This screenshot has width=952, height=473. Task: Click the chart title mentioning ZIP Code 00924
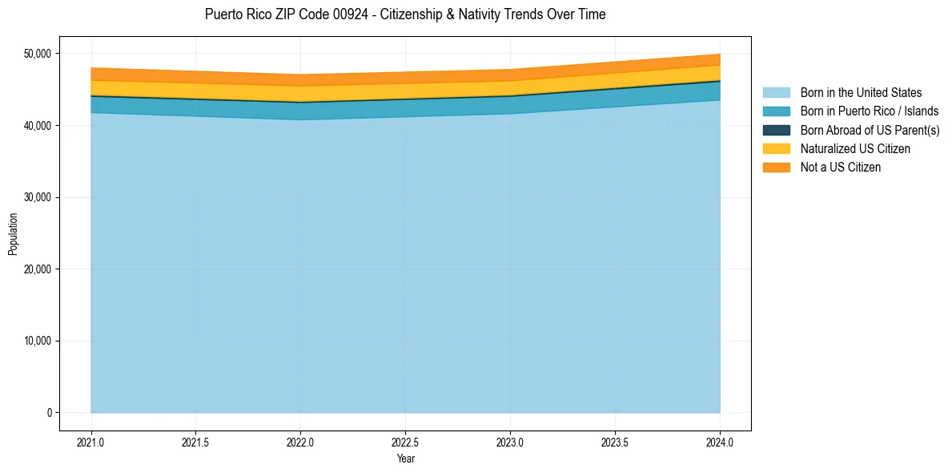click(405, 14)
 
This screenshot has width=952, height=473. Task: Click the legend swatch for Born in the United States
click(776, 93)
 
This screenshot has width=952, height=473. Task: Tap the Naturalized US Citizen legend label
click(855, 148)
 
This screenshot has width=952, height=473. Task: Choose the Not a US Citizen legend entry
click(840, 167)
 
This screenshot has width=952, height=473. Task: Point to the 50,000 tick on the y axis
click(38, 54)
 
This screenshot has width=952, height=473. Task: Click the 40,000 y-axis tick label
click(38, 126)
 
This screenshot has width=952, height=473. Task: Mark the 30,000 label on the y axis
click(38, 197)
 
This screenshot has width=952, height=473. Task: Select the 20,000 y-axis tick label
click(38, 269)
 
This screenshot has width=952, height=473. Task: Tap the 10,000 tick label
click(38, 341)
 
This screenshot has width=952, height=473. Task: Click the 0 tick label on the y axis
click(49, 413)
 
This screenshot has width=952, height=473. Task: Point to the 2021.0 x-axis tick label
click(91, 442)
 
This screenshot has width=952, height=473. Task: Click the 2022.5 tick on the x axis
click(405, 442)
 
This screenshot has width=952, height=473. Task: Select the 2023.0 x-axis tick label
click(510, 442)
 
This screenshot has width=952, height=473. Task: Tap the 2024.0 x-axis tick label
click(720, 442)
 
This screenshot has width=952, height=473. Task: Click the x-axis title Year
click(405, 459)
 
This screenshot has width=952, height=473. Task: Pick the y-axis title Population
click(13, 234)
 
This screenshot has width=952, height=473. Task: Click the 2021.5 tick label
click(196, 442)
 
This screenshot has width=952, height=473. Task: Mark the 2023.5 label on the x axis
click(615, 442)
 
